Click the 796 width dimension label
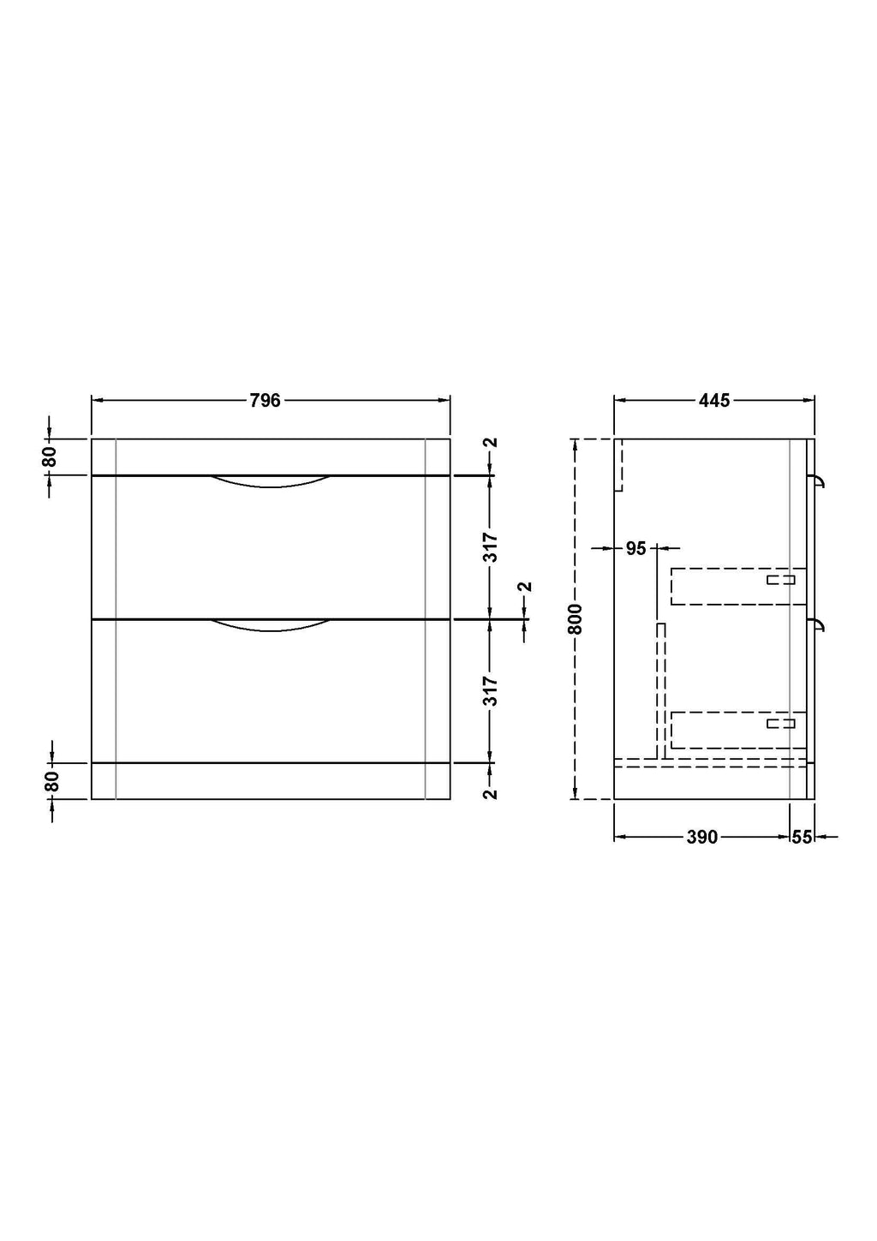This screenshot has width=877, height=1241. point(265,400)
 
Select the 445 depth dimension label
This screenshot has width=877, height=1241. point(714,400)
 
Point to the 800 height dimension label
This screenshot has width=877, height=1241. point(576,619)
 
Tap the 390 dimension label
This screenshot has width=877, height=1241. point(702,837)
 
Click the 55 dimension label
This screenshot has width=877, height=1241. point(802,837)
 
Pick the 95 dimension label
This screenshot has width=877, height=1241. point(636,548)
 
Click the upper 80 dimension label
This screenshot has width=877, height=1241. point(50,457)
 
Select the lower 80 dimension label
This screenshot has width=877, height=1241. point(51,781)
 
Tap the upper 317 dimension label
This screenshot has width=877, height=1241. point(491,547)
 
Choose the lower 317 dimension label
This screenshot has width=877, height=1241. point(491,691)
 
